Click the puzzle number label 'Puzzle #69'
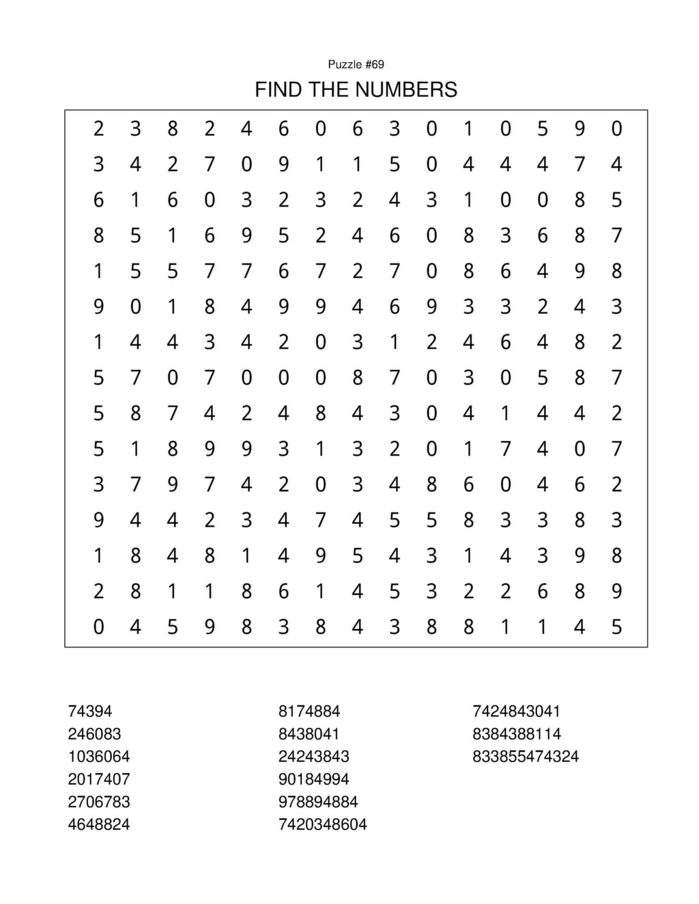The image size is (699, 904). (356, 65)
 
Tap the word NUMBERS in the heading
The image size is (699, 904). (407, 89)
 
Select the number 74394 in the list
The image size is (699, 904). (90, 711)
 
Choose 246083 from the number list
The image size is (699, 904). (94, 734)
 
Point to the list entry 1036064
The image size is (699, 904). (99, 757)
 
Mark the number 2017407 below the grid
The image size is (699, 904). (99, 779)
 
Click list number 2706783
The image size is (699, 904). (99, 802)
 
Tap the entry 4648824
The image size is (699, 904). (99, 824)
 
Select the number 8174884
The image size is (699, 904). (309, 711)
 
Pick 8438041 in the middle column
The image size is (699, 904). (309, 734)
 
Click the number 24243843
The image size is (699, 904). (314, 757)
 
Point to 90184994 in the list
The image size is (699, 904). (314, 779)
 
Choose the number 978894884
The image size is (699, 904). (318, 802)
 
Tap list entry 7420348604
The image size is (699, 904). (323, 824)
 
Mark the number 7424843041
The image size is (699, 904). (517, 711)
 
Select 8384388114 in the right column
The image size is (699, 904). (517, 734)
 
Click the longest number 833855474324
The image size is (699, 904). (526, 757)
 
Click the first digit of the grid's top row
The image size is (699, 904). (99, 128)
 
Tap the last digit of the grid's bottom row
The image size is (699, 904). (616, 626)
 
